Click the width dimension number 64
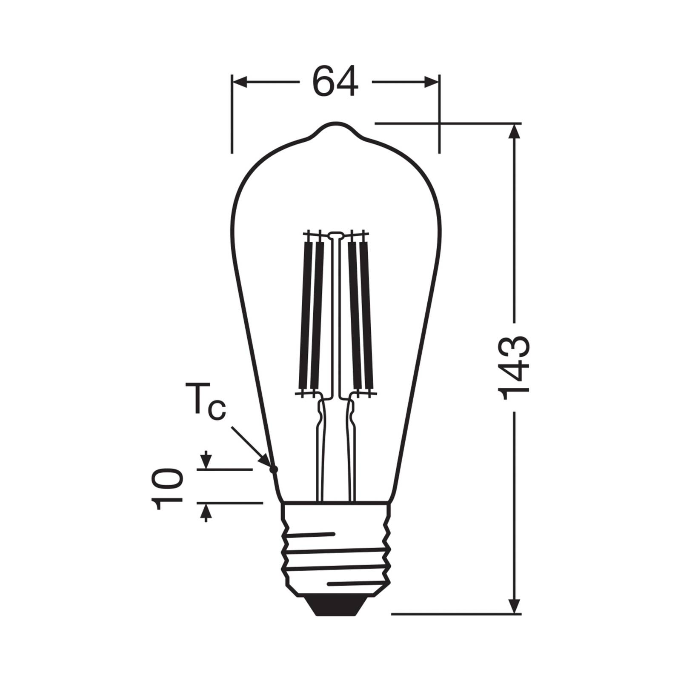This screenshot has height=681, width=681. click(335, 82)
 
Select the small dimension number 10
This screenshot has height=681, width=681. click(167, 489)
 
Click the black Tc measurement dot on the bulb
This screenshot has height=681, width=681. click(274, 469)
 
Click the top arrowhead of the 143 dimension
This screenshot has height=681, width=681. click(515, 132)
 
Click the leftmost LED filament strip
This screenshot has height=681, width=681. click(306, 315)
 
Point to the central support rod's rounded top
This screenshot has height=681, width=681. click(335, 234)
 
